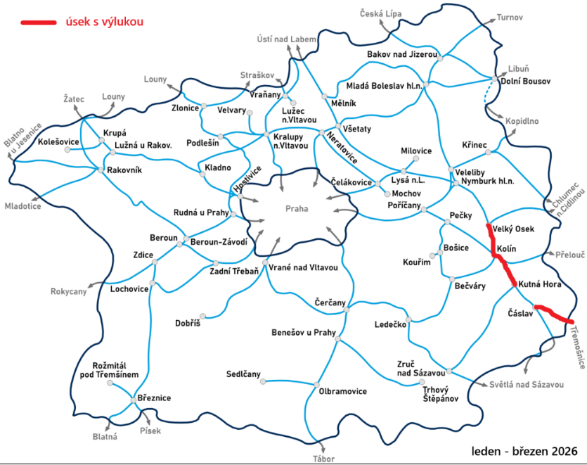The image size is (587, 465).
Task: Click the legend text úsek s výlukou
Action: pos(104,22)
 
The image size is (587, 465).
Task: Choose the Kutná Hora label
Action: pos(541,284)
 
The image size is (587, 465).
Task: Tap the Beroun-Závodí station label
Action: pos(219,242)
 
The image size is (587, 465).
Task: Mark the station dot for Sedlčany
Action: pos(263,381)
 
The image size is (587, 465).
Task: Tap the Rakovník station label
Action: pos(124,170)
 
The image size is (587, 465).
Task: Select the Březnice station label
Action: pos(155,398)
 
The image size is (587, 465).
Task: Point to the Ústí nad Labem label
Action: pos(288,39)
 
